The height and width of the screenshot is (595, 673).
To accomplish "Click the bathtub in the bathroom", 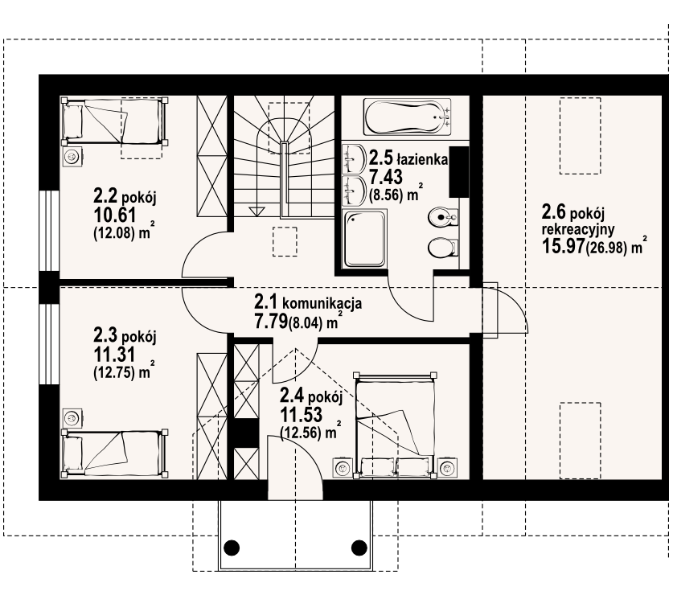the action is (407, 117).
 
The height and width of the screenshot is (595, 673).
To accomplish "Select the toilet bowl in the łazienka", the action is (442, 248).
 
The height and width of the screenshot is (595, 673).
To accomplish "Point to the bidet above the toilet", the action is (442, 218).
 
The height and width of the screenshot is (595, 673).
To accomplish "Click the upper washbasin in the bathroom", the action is (353, 158).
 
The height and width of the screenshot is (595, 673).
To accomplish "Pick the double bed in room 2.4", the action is (393, 425).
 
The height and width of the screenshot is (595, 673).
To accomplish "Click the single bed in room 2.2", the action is (115, 122).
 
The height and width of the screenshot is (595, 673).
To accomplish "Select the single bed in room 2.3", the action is (115, 453).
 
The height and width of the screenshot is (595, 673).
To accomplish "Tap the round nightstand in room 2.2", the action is (72, 157).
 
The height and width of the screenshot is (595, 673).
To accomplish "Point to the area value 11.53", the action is (302, 415).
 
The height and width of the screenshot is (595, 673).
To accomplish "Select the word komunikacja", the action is (322, 303).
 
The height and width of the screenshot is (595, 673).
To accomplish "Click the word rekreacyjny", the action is (578, 230).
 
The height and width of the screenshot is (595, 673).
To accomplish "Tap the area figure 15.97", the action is (563, 246).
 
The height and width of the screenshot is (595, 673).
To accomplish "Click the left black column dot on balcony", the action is (232, 548).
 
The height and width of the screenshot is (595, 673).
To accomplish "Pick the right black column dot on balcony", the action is (359, 548).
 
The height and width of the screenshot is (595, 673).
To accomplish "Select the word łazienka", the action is (422, 160).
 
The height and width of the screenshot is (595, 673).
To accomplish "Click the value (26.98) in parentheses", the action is (605, 248).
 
